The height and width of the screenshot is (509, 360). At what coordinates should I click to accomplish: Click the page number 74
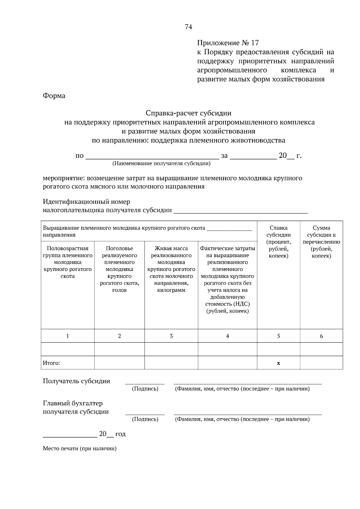pos(188,27)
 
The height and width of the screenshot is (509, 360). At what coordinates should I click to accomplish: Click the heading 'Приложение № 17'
pos(227,43)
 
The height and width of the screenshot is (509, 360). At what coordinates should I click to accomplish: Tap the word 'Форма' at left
pos(54,96)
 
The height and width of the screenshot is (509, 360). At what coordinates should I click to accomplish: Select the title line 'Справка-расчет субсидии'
pos(188,113)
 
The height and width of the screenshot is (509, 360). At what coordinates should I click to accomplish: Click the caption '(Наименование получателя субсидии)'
pos(161,163)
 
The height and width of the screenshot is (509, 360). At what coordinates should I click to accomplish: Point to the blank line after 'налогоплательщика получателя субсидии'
pos(241,211)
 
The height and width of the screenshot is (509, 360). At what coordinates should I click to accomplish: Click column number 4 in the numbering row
pos(227,336)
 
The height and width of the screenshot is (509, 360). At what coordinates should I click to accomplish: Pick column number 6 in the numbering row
pos(321,336)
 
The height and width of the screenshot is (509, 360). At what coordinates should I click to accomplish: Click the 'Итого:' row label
pos(51,363)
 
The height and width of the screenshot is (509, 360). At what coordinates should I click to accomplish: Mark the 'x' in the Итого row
pos(278,363)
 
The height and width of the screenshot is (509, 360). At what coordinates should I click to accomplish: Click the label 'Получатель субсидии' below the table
pos(76,381)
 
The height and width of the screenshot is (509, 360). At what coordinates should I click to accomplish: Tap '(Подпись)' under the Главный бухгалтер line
pos(145,419)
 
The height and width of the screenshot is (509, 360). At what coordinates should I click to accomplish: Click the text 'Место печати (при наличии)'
pos(79,449)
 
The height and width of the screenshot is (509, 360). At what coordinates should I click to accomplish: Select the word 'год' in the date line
pos(120,434)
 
